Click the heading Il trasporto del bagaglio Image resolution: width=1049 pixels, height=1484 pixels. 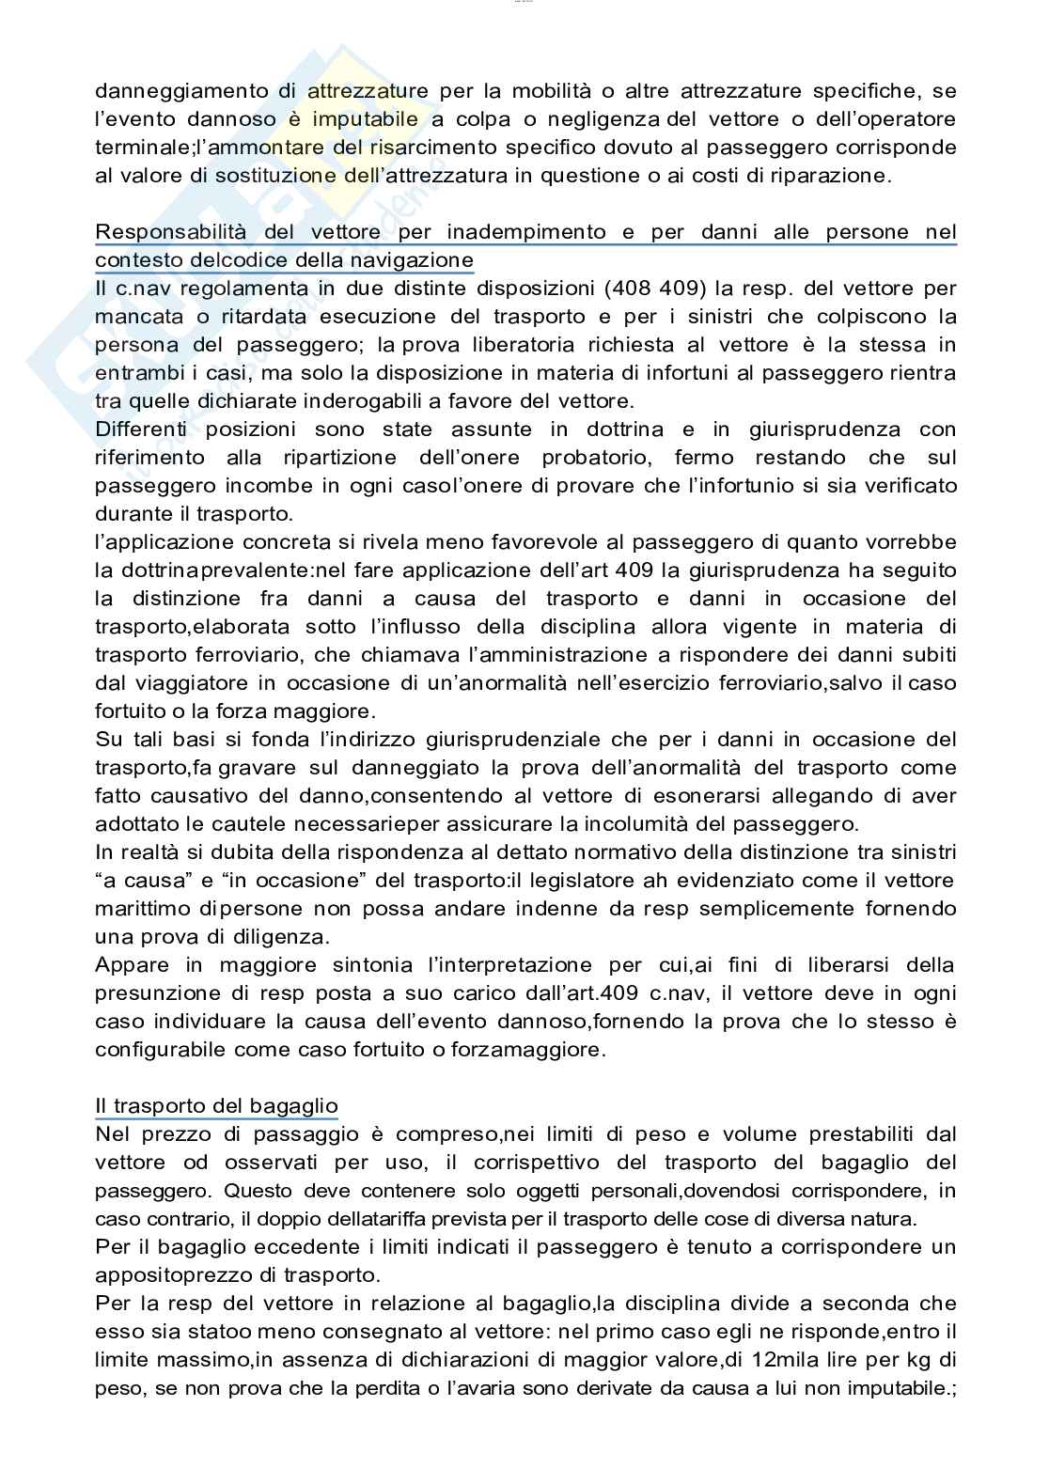point(216,1106)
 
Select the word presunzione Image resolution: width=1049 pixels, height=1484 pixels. point(154,993)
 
